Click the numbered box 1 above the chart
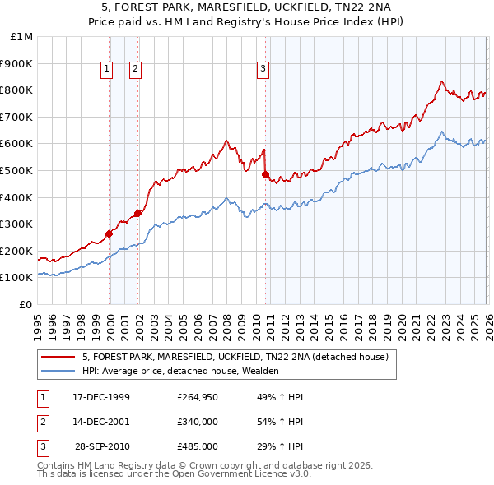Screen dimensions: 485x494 pos(107,70)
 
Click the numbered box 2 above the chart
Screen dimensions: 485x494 pos(134,70)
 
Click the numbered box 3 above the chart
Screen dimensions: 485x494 pos(263,70)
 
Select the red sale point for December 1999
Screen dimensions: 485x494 pos(110,233)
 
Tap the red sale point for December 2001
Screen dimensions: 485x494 pos(138,213)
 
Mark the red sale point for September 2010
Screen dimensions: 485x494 pos(266,174)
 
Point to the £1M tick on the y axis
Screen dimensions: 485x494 pos(22,37)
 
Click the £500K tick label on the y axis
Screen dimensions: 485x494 pos(18,170)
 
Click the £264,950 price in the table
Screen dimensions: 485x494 pos(197,397)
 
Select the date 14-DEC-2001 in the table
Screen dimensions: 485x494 pos(101,422)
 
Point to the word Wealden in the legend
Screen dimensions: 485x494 pos(260,371)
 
